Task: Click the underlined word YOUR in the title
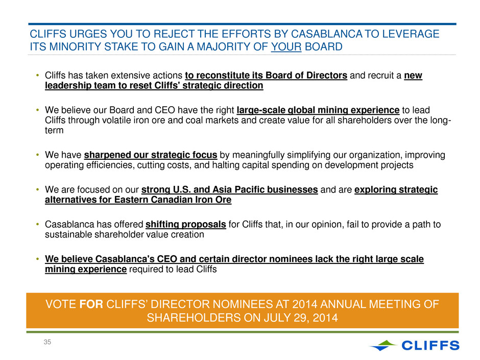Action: tap(286, 46)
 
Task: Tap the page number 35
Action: tap(47, 342)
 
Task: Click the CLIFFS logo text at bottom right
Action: tap(430, 345)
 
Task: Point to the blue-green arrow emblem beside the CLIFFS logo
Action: tap(383, 345)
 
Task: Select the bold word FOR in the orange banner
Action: tap(91, 304)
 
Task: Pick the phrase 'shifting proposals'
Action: tap(185, 224)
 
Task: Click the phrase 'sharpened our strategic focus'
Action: tap(151, 155)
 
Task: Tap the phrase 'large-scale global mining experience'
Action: tap(318, 110)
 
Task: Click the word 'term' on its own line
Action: tap(54, 130)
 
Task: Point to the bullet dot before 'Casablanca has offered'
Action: tap(38, 224)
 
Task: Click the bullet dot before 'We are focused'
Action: tap(38, 189)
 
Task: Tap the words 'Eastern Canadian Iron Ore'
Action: tap(173, 200)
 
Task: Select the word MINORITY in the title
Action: tap(75, 46)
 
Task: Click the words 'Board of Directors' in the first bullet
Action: tap(306, 75)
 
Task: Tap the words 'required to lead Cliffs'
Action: tap(173, 269)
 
